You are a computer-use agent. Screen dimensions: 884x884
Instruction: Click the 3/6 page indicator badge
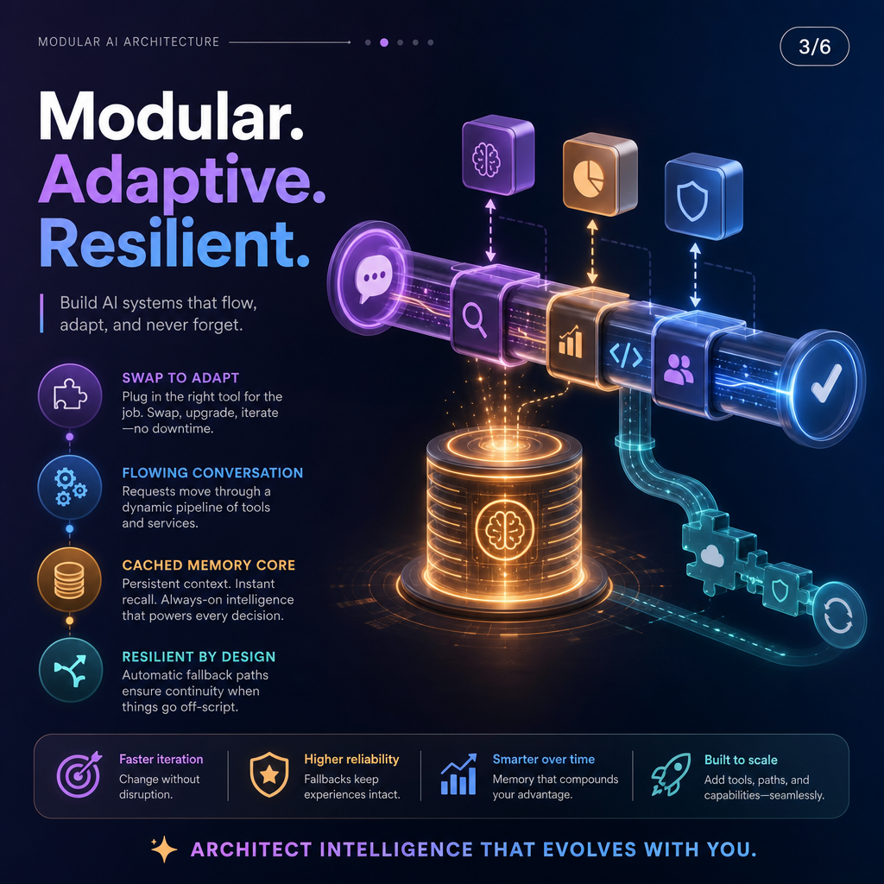point(814,47)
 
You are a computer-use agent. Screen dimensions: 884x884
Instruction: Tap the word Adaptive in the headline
point(181,180)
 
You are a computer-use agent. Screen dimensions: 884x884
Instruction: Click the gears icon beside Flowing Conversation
point(70,487)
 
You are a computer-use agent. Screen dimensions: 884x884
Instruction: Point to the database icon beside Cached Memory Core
point(69,579)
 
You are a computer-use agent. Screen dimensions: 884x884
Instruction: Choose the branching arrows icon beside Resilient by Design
point(71,670)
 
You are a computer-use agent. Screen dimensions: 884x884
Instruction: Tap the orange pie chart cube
point(599,174)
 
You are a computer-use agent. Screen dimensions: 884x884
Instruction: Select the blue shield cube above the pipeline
point(703,199)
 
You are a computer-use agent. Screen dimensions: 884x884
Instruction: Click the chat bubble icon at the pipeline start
point(373,278)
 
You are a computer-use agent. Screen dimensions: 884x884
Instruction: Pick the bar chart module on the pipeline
point(571,340)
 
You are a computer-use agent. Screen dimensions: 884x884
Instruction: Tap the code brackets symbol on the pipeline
point(626,357)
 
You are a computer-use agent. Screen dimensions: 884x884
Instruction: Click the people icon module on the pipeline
point(679,369)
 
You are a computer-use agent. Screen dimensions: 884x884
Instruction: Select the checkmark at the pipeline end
point(826,382)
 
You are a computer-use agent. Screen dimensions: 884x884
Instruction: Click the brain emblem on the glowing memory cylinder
point(504,529)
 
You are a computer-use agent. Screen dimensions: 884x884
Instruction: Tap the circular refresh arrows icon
point(838,615)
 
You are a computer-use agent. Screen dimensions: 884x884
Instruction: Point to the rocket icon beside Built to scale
point(671,774)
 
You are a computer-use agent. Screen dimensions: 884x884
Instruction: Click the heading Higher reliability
point(351,760)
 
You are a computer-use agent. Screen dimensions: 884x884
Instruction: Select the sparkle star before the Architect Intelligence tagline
point(164,849)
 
